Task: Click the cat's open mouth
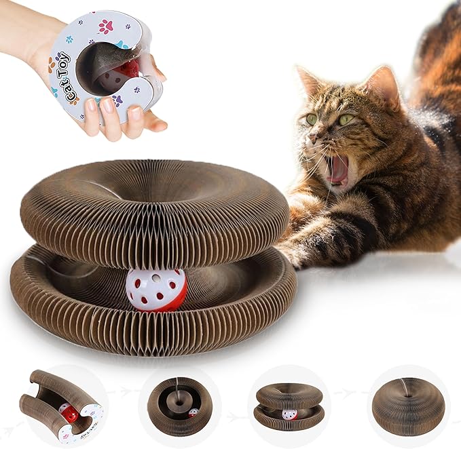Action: pyautogui.click(x=337, y=170)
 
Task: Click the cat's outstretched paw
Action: pyautogui.click(x=293, y=252)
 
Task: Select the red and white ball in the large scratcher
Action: pyautogui.click(x=157, y=290)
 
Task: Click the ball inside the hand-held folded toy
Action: pyautogui.click(x=115, y=75)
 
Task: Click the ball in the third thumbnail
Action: pyautogui.click(x=289, y=414)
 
